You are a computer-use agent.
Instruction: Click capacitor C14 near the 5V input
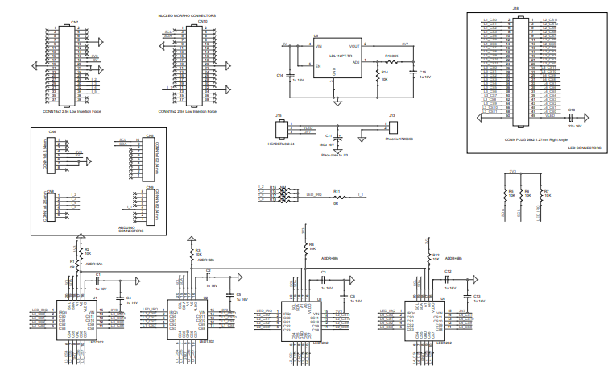tap(289, 75)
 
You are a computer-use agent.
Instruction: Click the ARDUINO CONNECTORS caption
tap(131, 230)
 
